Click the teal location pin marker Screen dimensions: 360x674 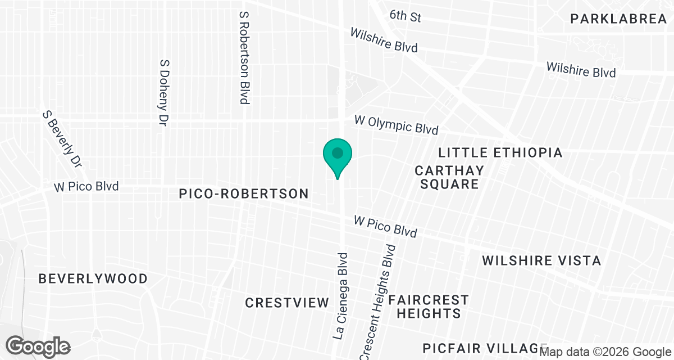337,155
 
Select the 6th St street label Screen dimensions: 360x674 405,16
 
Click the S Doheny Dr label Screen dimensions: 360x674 165,92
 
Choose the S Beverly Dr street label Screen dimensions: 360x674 62,138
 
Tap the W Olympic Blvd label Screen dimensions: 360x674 396,125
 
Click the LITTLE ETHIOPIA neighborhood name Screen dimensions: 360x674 500,152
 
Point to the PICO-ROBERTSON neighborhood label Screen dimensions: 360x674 244,193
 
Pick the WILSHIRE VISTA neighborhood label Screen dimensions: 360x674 541,260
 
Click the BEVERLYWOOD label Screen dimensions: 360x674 93,278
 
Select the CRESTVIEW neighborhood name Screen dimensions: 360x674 287,303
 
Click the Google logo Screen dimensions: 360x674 39,346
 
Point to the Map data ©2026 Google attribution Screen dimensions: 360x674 605,352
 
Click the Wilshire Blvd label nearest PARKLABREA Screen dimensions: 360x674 581,70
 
